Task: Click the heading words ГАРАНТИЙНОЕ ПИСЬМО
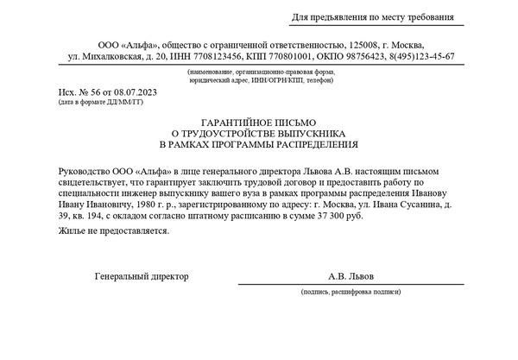click(259, 123)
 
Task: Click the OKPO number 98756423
click(363, 56)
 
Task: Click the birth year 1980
click(141, 207)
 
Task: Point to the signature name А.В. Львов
click(351, 276)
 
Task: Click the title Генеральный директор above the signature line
click(142, 276)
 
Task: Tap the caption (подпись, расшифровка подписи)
click(352, 293)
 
